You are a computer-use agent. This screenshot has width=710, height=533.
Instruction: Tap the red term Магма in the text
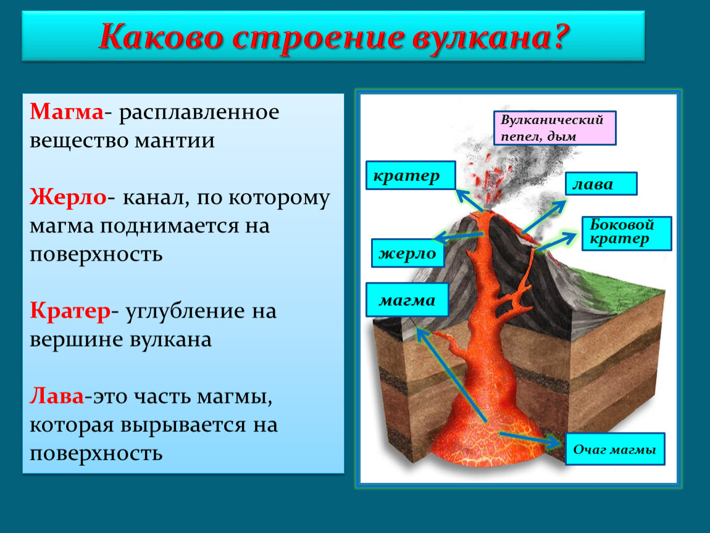point(67,111)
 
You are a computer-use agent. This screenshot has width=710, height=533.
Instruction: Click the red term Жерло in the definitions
point(68,197)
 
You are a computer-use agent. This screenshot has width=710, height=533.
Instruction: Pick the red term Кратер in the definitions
point(70,312)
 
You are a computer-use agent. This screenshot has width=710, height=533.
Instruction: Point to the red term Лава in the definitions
point(57,395)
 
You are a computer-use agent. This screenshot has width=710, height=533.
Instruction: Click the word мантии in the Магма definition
point(175,140)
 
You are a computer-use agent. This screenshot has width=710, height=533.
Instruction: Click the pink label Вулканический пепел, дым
point(554,128)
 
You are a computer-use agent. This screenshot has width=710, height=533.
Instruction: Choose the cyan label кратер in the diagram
point(411,175)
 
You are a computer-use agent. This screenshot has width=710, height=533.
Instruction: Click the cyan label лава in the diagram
point(601,183)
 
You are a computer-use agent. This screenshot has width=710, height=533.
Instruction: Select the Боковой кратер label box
point(627,233)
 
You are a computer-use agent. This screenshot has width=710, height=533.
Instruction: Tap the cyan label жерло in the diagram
point(407,253)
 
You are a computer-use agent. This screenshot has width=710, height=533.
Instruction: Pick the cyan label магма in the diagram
point(407,300)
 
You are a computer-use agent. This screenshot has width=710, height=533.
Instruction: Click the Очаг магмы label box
point(615,449)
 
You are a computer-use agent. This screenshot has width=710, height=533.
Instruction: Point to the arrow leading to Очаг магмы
point(530,439)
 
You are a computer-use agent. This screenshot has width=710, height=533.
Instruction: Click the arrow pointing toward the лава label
point(544,217)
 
